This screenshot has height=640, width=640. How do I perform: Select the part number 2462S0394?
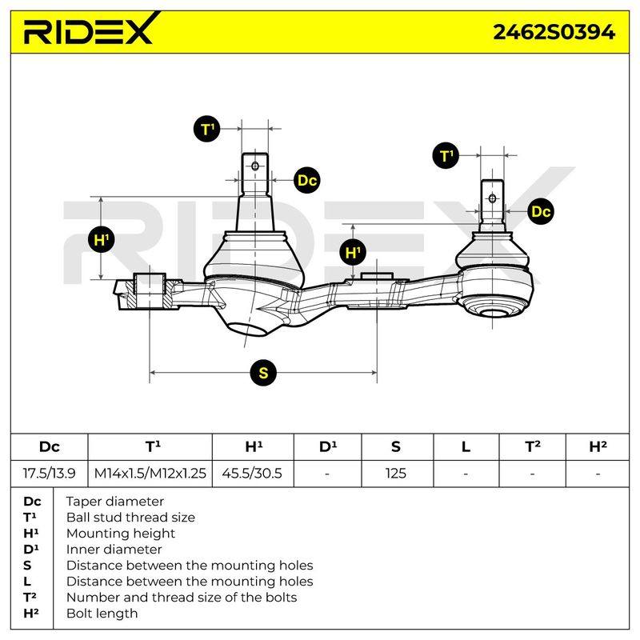point(554,32)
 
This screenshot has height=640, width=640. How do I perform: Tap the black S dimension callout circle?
point(263,372)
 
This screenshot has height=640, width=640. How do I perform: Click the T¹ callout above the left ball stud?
point(207,129)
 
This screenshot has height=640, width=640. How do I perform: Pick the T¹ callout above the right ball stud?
point(446,155)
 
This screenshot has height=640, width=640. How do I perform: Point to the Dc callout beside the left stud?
point(307,180)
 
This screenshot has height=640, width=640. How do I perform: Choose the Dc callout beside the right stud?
point(541,211)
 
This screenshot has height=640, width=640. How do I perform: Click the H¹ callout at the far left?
point(102,239)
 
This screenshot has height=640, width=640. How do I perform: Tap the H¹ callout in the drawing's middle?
point(353,252)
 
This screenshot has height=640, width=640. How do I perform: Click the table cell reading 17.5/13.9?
point(49,473)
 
